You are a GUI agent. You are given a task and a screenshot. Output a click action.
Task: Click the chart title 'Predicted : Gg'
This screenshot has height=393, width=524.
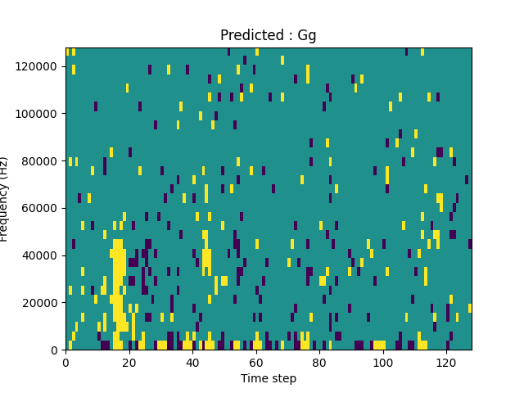point(268,35)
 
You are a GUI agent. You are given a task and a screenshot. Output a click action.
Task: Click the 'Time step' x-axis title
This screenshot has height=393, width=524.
point(268,378)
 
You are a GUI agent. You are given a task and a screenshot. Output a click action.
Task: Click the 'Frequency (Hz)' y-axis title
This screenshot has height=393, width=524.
point(5,199)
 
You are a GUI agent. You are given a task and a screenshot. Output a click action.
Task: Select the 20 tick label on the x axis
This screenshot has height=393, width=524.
point(129,362)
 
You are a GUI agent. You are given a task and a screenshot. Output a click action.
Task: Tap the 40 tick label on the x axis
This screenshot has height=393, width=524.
point(192,362)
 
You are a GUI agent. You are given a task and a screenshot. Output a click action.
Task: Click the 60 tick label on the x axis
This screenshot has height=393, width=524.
point(256,362)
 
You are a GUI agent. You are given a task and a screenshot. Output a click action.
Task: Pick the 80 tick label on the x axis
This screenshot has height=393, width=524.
point(319,362)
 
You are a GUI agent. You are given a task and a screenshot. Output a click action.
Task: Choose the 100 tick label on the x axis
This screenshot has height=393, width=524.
point(382,362)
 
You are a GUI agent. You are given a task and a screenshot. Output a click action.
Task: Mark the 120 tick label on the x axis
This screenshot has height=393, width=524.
point(446,362)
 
